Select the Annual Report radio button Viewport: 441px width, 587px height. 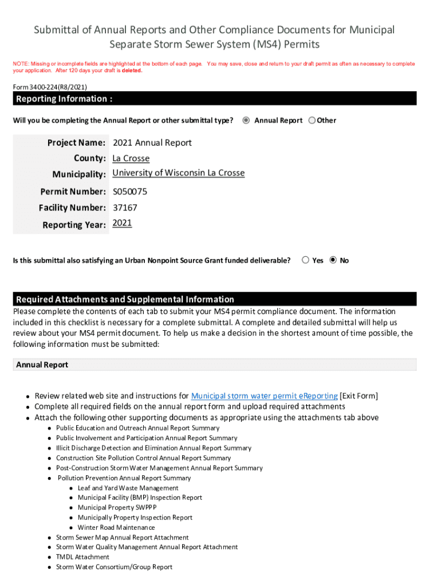point(246,120)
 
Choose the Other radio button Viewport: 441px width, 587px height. point(312,120)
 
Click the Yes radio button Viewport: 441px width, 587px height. point(306,260)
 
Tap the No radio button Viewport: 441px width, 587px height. point(333,260)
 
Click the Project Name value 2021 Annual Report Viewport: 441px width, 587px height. point(152,143)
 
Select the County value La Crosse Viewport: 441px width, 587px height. point(131,158)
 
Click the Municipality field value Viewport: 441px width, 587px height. point(178,173)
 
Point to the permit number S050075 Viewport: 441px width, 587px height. point(130,191)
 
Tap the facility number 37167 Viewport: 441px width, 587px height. point(125,208)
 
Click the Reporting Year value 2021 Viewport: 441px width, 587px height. point(122,224)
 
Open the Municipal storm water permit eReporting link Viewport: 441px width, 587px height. point(264,396)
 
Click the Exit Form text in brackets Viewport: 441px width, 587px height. point(359,396)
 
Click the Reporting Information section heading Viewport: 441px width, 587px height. point(64,99)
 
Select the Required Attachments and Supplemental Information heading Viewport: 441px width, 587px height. point(125,299)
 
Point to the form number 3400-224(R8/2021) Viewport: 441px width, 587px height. point(50,87)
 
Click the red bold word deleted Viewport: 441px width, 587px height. point(132,71)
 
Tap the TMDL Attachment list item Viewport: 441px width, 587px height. point(82,557)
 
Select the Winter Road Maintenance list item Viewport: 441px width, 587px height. point(116,527)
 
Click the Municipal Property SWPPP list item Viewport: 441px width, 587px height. point(117,507)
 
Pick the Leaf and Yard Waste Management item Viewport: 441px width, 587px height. point(128,488)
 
